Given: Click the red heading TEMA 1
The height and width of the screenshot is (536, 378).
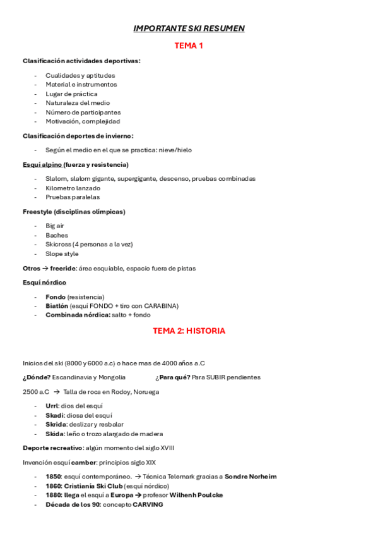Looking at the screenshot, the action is point(189,46).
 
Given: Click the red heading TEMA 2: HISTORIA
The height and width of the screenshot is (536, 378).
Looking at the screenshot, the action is point(189,331).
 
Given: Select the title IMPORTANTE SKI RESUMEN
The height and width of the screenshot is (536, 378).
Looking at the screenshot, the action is point(189,28).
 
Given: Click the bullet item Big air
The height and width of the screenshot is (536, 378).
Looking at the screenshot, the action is point(55,226).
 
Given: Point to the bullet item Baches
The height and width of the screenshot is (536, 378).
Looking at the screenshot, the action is point(57,235).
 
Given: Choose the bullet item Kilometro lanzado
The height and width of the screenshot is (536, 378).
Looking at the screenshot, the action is point(73,188).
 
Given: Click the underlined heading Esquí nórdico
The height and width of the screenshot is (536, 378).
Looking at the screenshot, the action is point(44,283).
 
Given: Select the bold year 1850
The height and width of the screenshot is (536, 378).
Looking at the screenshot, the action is point(54,477).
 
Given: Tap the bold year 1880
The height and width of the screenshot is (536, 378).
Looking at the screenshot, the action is point(54,495).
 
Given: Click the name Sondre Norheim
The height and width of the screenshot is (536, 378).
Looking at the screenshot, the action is point(251,477).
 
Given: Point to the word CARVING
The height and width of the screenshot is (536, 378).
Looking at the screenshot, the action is point(148,504).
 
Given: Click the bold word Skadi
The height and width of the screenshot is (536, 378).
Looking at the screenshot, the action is point(54,415).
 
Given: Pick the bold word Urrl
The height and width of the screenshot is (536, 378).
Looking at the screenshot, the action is point(52,406).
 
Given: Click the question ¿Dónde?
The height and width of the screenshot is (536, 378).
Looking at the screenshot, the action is point(37,377).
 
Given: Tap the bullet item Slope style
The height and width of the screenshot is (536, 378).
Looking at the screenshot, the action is point(62,253).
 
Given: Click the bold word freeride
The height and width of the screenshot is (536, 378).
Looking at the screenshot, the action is point(64,268).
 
